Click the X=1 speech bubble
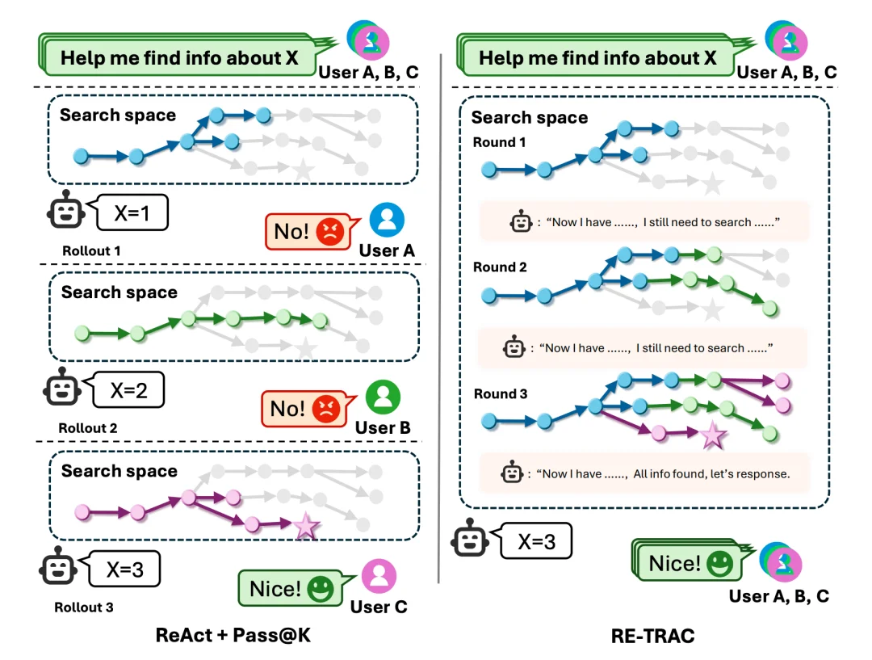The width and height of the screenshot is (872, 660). (x=132, y=213)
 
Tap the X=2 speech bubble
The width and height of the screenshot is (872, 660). (x=128, y=391)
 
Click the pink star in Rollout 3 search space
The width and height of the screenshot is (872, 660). (x=306, y=527)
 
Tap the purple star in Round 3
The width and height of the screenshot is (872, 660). (x=712, y=435)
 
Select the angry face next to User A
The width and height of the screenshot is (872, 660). (x=329, y=233)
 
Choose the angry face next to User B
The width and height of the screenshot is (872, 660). (x=325, y=409)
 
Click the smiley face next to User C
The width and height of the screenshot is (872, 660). (x=320, y=589)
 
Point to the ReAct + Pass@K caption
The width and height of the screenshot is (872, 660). (x=233, y=636)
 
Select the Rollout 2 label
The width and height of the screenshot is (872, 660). (x=88, y=428)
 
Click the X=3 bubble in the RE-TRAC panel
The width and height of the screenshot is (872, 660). (x=535, y=541)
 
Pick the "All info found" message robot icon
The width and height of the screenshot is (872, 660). (x=514, y=473)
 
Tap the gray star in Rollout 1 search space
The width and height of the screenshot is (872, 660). (x=302, y=170)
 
